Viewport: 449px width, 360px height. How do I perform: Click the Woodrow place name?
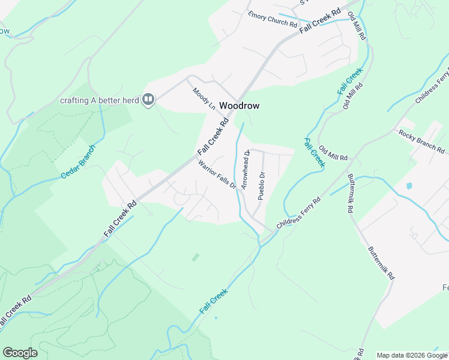(240, 105)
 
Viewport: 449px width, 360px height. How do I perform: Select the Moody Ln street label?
(203, 98)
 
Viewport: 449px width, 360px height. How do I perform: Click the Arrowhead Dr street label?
(245, 170)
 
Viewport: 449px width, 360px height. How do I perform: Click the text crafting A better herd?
(100, 100)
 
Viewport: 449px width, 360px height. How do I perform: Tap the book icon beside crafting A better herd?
(148, 100)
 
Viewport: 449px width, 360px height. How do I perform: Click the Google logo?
(20, 353)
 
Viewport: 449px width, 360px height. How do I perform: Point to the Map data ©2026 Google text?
(412, 355)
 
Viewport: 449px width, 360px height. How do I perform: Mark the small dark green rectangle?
(196, 257)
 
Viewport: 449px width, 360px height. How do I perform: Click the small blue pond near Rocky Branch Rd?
(409, 186)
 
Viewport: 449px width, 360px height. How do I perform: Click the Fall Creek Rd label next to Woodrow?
(214, 138)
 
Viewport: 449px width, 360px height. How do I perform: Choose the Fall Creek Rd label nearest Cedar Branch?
(121, 218)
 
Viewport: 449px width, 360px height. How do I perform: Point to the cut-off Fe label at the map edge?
(444, 287)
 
